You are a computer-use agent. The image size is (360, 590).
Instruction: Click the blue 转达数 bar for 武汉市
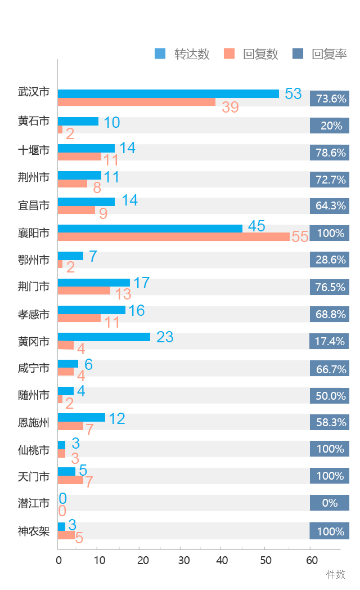click(x=168, y=93)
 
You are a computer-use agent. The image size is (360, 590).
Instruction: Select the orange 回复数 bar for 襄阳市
click(x=173, y=237)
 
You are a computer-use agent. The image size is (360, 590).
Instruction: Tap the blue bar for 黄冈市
click(x=104, y=337)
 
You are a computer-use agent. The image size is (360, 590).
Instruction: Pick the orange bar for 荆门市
click(x=84, y=290)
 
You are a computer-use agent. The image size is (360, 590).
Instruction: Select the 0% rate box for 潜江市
click(x=330, y=503)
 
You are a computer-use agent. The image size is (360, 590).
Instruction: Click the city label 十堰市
click(x=34, y=150)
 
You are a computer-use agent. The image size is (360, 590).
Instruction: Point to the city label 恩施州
click(x=34, y=421)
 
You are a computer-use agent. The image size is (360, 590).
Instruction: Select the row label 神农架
click(x=34, y=531)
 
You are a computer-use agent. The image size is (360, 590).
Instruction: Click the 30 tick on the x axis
click(x=183, y=560)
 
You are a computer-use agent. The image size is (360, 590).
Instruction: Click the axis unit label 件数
click(x=336, y=574)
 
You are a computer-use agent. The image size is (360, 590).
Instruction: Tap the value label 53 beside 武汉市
click(x=293, y=93)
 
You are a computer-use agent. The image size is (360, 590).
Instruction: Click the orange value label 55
click(x=300, y=237)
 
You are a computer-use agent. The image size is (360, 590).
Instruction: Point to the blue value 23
click(x=165, y=337)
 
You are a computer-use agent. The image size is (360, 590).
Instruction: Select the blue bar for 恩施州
click(x=82, y=417)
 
